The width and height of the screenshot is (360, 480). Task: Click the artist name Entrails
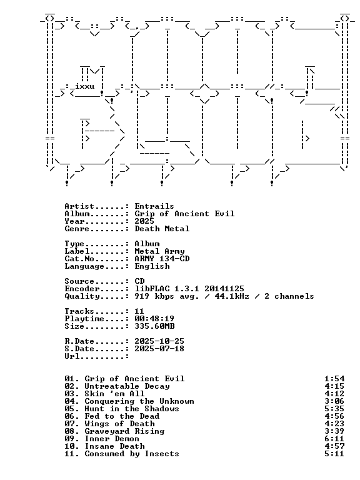click(x=154, y=206)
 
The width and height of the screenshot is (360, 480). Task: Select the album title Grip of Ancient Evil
click(x=184, y=214)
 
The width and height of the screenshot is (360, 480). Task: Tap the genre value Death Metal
click(x=162, y=229)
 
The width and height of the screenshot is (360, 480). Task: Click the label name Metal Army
click(x=159, y=251)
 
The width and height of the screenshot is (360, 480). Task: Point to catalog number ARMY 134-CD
click(x=162, y=259)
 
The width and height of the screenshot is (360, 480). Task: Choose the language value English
click(x=152, y=266)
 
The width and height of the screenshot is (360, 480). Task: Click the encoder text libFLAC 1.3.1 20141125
click(x=189, y=289)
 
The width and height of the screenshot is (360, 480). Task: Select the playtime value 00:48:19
click(x=154, y=319)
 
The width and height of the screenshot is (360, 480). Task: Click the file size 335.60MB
click(x=154, y=326)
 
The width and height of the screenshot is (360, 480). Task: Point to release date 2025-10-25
click(x=159, y=341)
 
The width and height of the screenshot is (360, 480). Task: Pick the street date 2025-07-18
click(x=159, y=349)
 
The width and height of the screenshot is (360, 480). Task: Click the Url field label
click(x=72, y=356)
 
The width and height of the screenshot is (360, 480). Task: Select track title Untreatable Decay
click(x=127, y=386)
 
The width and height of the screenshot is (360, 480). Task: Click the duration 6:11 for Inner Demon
click(x=334, y=439)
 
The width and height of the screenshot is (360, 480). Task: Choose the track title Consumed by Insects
click(x=132, y=454)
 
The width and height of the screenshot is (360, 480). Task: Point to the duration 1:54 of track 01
click(x=334, y=379)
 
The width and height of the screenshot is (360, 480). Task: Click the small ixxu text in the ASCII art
click(x=85, y=86)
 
